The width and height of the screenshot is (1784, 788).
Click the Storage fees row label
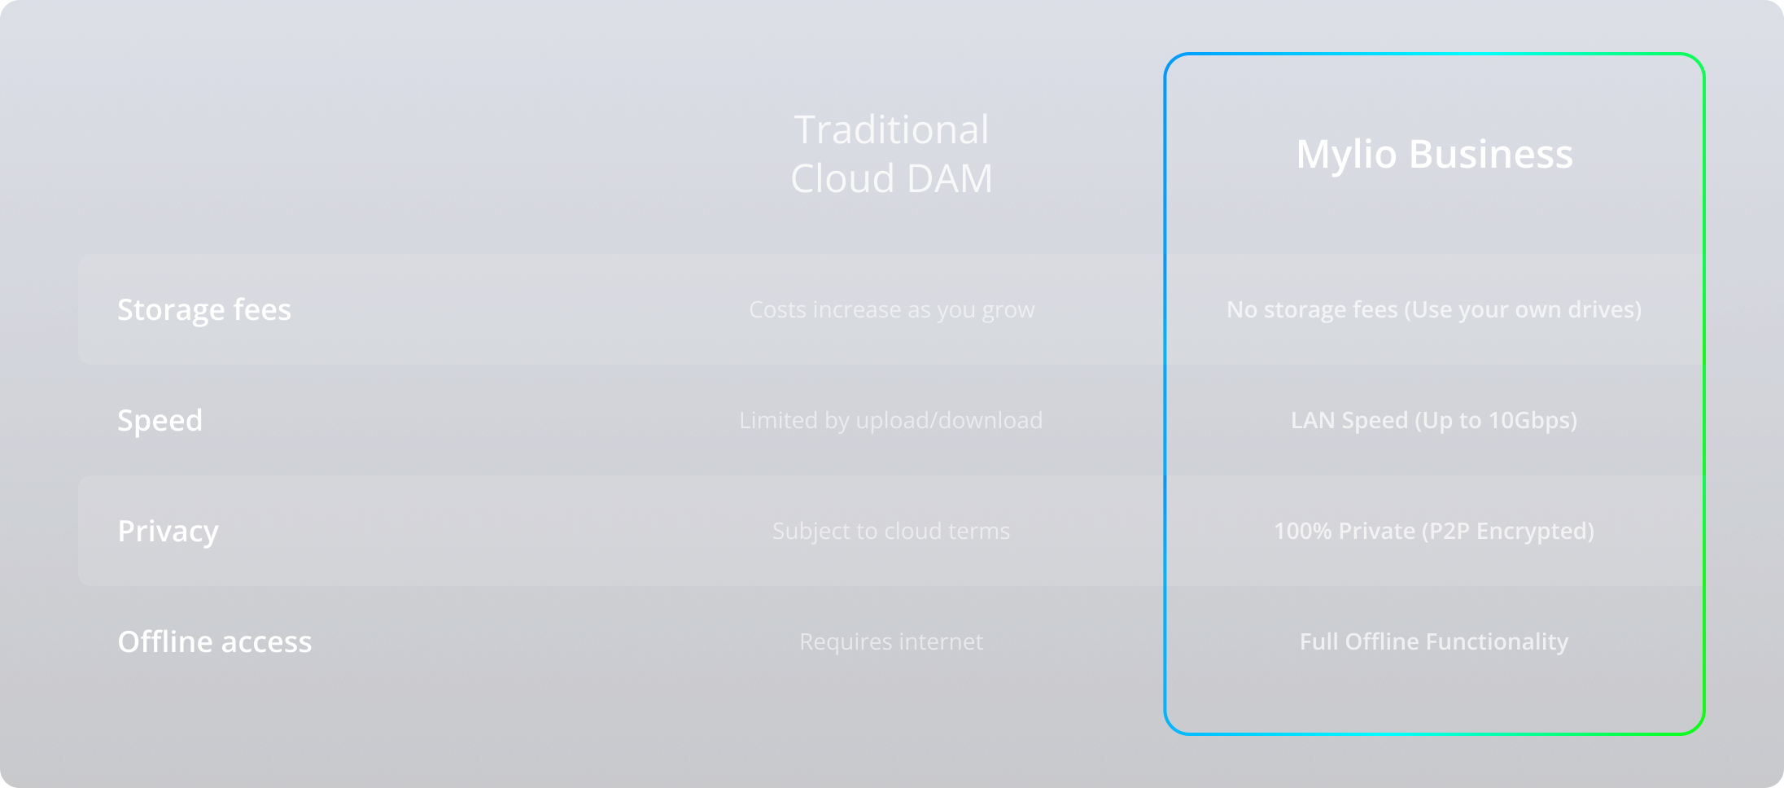[x=204, y=309]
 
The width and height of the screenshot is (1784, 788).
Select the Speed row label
[x=160, y=421]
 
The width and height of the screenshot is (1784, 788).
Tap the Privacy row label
[x=168, y=532]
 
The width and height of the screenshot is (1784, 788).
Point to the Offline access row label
[x=215, y=641]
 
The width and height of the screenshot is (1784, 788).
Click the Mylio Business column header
[x=1434, y=155]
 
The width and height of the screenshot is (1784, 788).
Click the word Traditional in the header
[x=891, y=129]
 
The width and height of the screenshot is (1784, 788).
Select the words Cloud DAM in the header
[x=891, y=178]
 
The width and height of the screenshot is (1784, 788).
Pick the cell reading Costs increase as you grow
[x=891, y=310]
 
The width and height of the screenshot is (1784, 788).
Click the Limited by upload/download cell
[x=891, y=420]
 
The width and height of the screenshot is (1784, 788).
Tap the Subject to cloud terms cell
[x=891, y=531]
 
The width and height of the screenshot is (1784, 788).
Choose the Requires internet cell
[x=891, y=641]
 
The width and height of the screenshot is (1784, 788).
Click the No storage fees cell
[x=1434, y=310]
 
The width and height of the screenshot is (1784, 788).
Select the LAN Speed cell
[x=1434, y=421]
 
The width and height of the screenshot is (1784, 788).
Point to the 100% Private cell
[x=1434, y=532]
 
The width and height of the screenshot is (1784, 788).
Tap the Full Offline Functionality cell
[x=1434, y=641]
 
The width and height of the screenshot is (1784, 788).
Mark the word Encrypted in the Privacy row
[x=1531, y=532]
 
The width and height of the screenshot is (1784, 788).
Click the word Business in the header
[x=1491, y=155]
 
